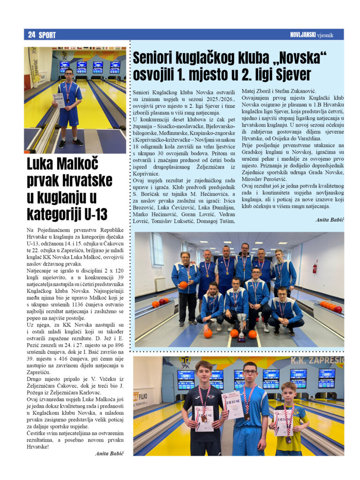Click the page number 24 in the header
31,35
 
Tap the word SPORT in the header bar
47,35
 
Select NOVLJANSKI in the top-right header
305,35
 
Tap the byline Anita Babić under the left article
109,453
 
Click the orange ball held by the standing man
183,285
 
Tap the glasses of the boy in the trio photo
249,372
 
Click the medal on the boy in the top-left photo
68,99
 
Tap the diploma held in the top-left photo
58,100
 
